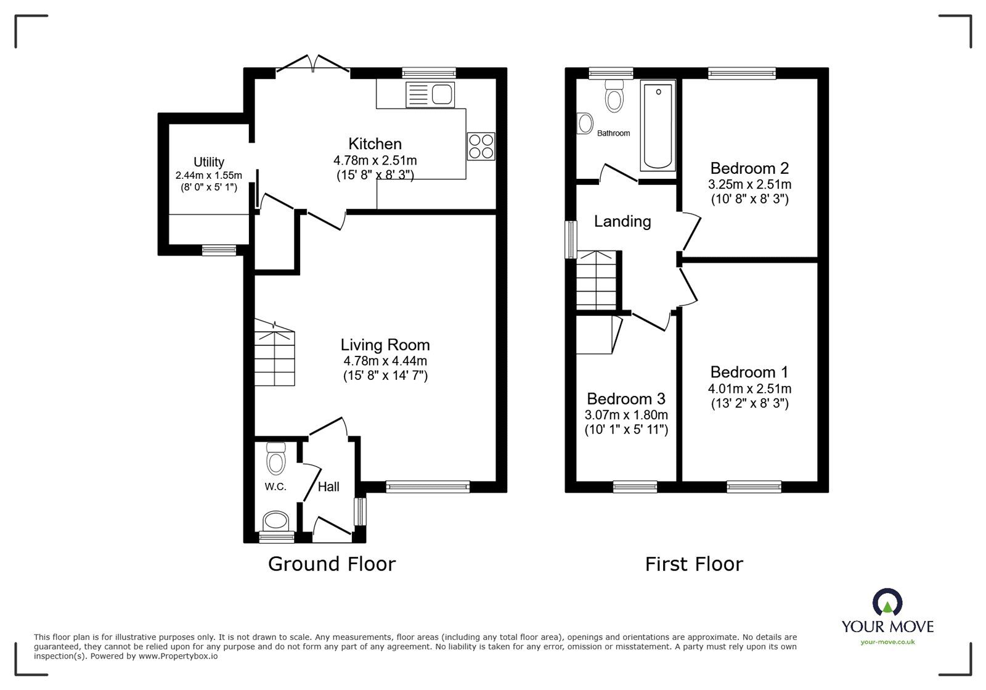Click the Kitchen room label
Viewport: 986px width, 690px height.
point(375,144)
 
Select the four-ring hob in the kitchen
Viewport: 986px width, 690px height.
point(481,147)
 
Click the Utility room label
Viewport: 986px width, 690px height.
point(208,162)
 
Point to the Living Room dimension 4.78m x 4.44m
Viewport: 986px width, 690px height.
point(385,361)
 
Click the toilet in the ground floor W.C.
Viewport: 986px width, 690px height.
point(275,459)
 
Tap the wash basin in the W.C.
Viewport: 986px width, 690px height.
point(276,521)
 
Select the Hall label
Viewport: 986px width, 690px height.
point(328,487)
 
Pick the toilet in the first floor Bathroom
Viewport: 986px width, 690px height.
point(614,96)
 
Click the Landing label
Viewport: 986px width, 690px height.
point(622,221)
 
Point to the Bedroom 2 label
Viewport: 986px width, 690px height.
point(749,168)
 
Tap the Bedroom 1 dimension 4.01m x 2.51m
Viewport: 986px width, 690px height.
point(749,389)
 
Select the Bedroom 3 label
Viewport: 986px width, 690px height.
point(625,398)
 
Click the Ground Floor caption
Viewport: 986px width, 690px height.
point(332,564)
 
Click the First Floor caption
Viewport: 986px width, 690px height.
point(694,564)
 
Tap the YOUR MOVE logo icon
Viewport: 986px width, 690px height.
point(887,603)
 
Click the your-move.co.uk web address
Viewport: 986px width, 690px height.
point(887,642)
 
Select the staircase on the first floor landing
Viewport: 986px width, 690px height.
point(597,280)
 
